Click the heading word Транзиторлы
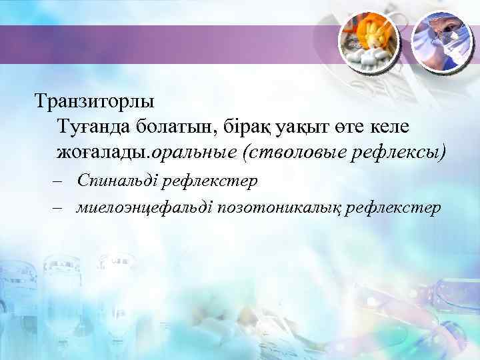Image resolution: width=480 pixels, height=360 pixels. tap(95, 103)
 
